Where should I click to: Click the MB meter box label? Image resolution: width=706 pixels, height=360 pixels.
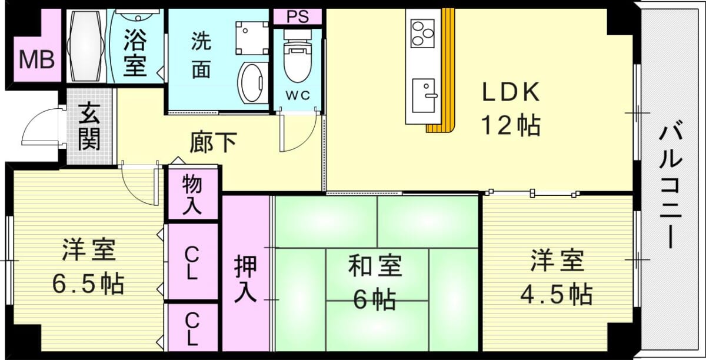pyautogui.click(x=36, y=59)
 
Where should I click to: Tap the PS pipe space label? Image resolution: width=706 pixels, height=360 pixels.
pyautogui.click(x=298, y=16)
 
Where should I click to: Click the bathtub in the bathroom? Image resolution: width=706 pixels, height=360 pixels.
pyautogui.click(x=86, y=46)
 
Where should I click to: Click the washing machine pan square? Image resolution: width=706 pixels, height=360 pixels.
pyautogui.click(x=252, y=38)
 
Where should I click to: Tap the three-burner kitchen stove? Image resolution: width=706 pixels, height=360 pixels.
pyautogui.click(x=422, y=33)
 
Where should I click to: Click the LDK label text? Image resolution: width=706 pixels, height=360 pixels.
pyautogui.click(x=511, y=92)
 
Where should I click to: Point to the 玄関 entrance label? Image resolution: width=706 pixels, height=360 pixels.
pyautogui.click(x=89, y=126)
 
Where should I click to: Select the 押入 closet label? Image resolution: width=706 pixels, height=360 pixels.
pyautogui.click(x=245, y=278)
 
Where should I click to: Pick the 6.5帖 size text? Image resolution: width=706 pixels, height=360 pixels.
pyautogui.click(x=88, y=284)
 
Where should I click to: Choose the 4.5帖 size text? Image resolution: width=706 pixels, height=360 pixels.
pyautogui.click(x=557, y=294)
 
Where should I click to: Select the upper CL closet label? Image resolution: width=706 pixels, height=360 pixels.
pyautogui.click(x=192, y=263)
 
